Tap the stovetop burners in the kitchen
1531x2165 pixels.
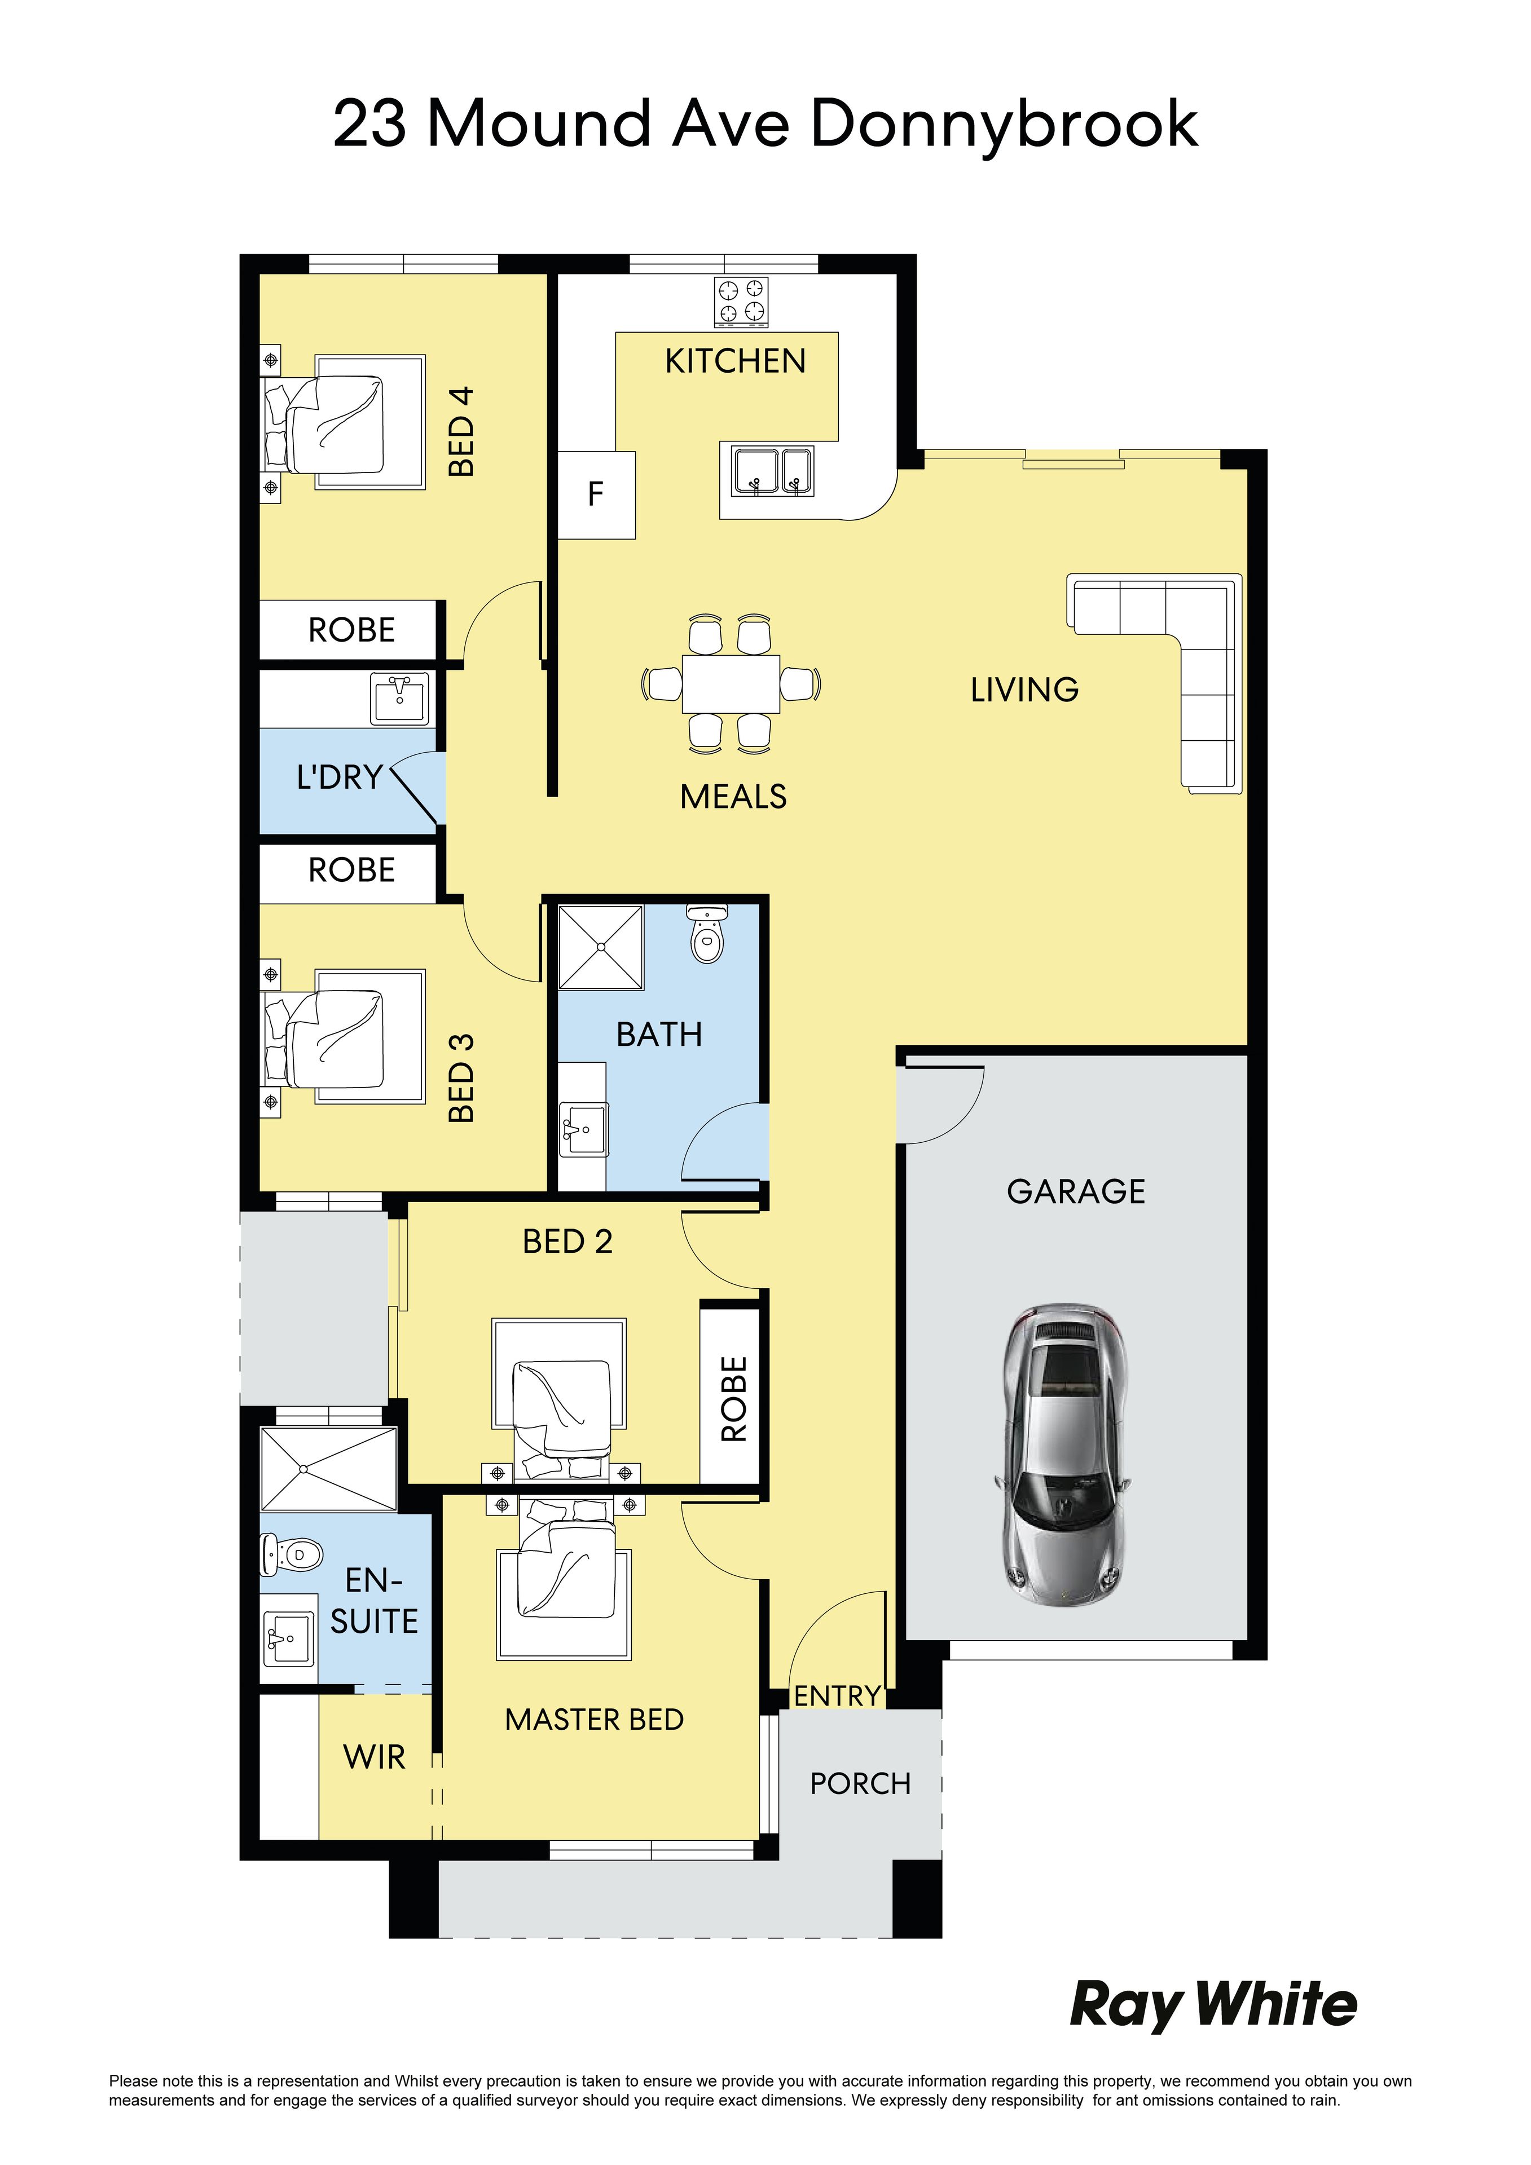741,302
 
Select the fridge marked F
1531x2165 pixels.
596,495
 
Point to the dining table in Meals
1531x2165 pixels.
731,684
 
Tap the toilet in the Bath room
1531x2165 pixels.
706,934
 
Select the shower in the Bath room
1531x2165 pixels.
601,947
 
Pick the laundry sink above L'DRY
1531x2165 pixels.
400,699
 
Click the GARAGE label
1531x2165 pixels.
1076,1192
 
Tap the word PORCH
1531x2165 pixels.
860,1784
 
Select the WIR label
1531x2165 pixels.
375,1757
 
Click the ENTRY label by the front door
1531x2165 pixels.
837,1696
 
